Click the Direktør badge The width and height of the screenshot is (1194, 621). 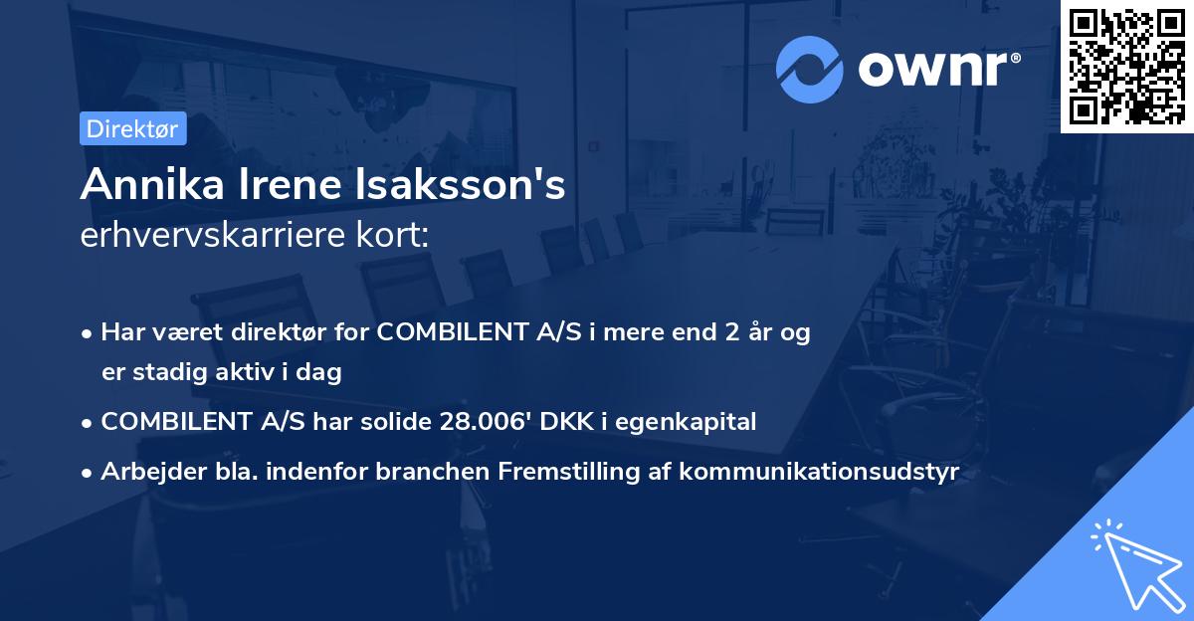[x=132, y=128]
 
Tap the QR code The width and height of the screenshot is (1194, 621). [x=1126, y=66]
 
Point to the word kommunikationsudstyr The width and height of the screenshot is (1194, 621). [x=820, y=472]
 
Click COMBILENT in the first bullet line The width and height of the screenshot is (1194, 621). [x=442, y=332]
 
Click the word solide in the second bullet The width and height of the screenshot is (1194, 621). [x=393, y=422]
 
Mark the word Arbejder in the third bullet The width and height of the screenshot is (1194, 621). [x=144, y=472]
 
